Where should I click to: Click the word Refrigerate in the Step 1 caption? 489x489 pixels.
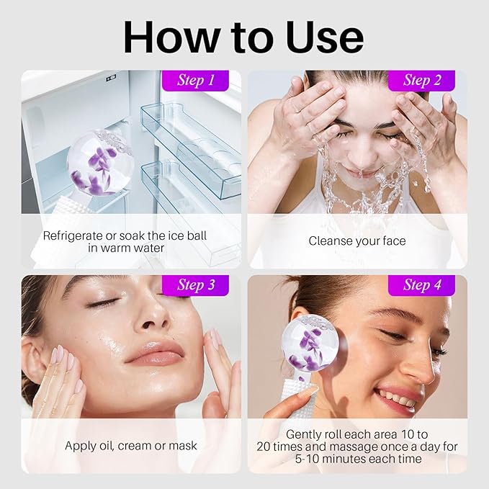click(x=76, y=235)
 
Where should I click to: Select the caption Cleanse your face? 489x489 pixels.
click(x=357, y=241)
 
